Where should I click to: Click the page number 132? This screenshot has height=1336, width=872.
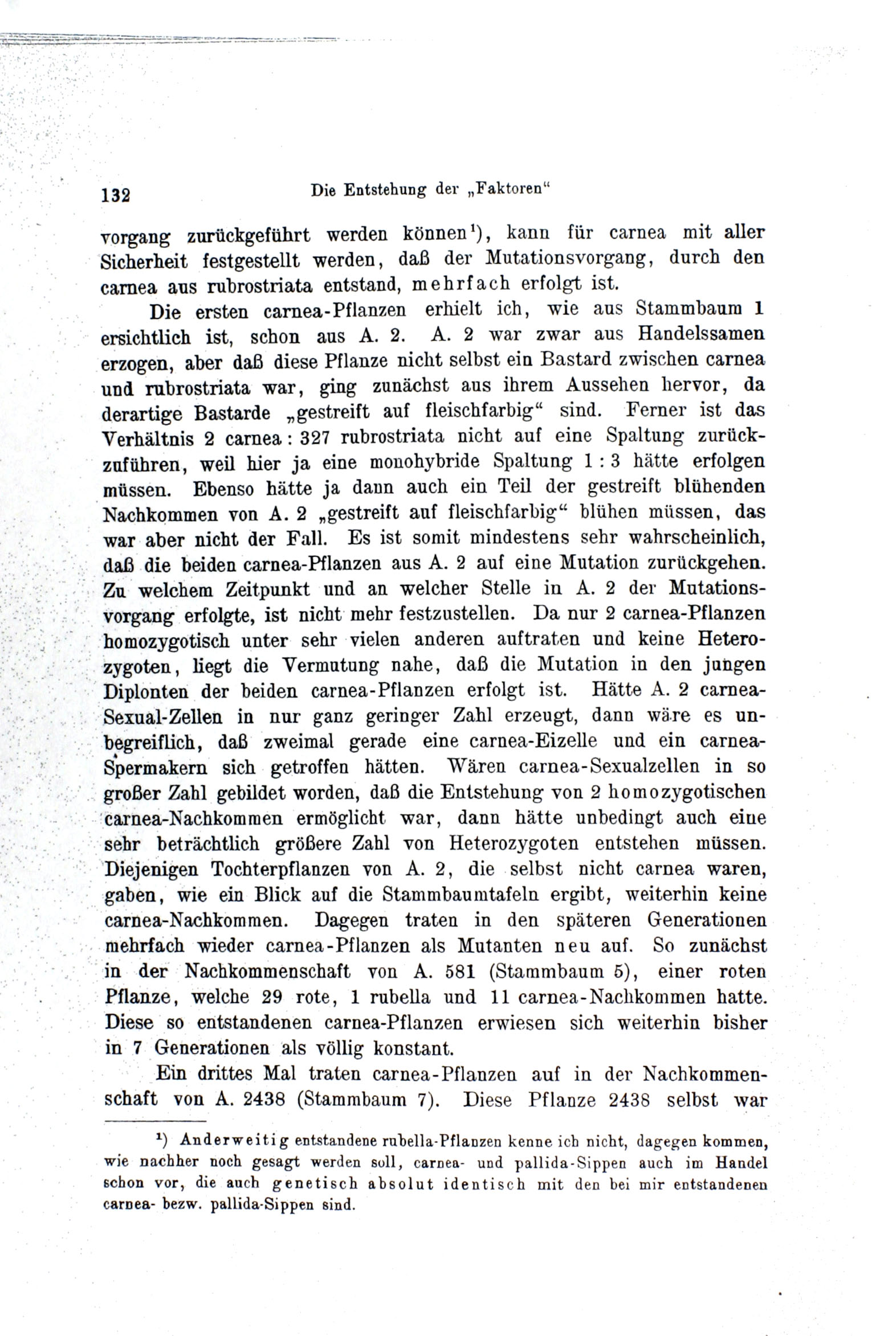[x=116, y=195]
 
